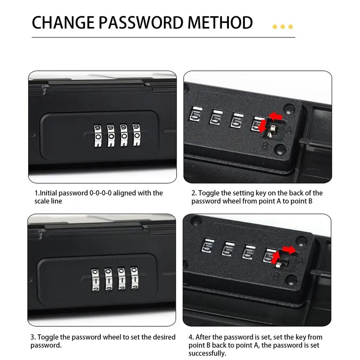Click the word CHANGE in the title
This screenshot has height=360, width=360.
click(x=61, y=23)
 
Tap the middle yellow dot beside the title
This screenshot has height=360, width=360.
click(x=283, y=27)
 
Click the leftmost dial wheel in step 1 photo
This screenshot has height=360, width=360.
click(x=98, y=135)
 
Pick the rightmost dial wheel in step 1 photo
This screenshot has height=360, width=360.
click(x=136, y=135)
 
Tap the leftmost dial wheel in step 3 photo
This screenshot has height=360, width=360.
click(x=95, y=279)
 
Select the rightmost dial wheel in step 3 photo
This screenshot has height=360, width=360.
click(x=134, y=278)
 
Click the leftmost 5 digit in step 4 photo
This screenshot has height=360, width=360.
click(x=207, y=247)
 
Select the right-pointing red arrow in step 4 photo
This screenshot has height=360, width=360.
click(x=288, y=249)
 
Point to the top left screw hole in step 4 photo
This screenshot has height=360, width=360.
click(x=195, y=220)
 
